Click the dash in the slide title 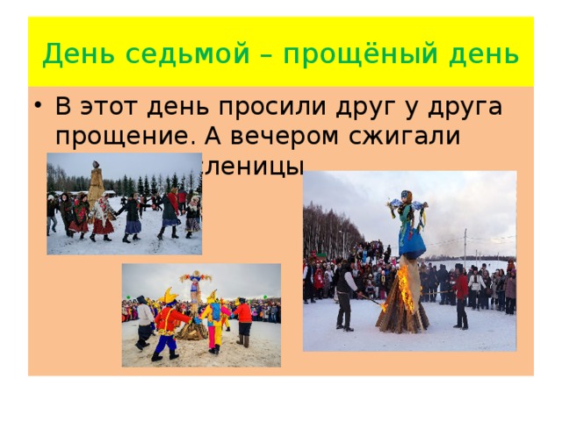coord(244,56)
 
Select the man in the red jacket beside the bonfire coord(461,294)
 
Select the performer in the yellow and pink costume coord(213,320)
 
